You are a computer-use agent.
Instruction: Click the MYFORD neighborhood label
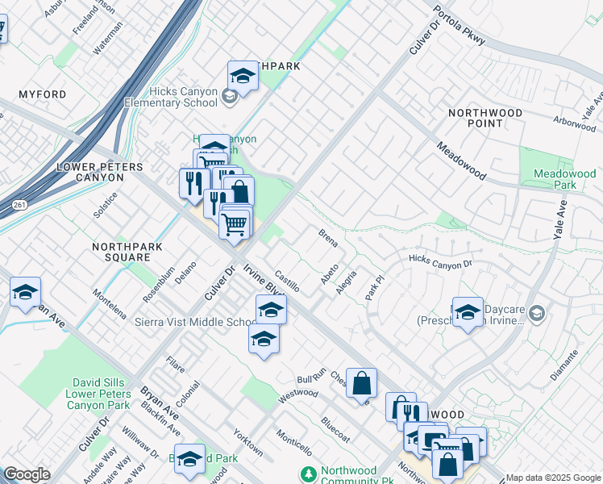[x=38, y=94]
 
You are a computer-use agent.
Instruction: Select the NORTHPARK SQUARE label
[x=121, y=252]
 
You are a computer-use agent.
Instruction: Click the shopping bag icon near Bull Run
[x=362, y=382]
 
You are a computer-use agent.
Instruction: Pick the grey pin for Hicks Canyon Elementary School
[x=229, y=98]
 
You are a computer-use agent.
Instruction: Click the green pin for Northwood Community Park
[x=306, y=473]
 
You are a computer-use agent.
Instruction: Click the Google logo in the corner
[x=27, y=474]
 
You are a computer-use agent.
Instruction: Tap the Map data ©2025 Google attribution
[x=552, y=478]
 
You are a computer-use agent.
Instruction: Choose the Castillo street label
[x=287, y=282]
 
